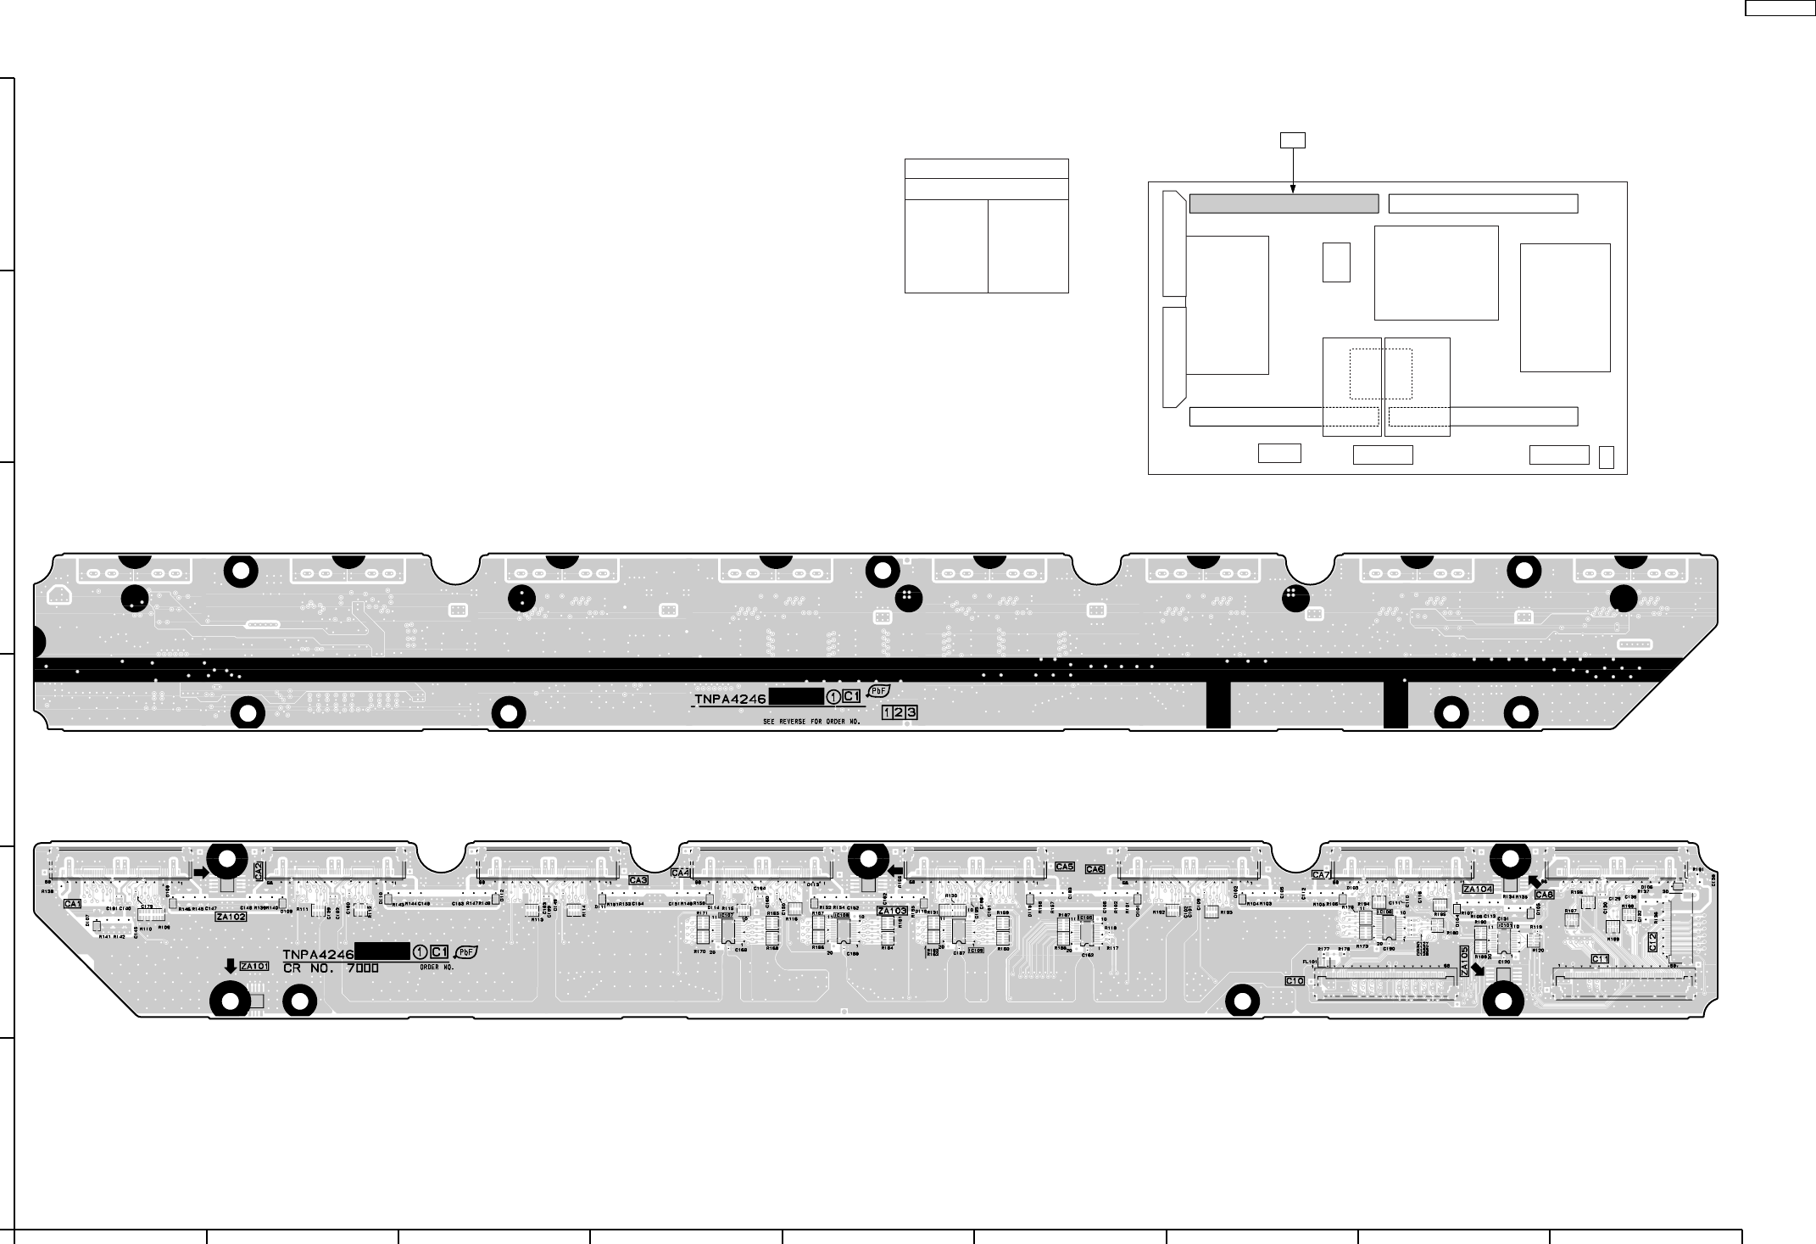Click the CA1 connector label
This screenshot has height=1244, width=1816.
click(x=73, y=904)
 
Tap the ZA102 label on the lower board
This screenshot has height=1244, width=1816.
click(x=231, y=917)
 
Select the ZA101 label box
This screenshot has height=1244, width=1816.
click(x=253, y=966)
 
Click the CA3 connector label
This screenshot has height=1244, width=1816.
click(x=638, y=880)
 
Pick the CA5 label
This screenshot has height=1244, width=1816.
click(x=1065, y=867)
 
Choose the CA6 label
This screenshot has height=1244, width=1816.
click(x=1095, y=869)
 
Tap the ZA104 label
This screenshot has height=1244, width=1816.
click(x=1478, y=889)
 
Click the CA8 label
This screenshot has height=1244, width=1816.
click(x=1544, y=895)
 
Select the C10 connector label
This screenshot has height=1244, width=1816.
click(x=1295, y=980)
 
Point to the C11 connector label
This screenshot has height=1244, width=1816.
click(x=1599, y=959)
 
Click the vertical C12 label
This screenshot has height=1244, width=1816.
click(x=1653, y=941)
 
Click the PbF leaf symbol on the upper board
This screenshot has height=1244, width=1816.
click(x=877, y=692)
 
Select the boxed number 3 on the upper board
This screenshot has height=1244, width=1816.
click(x=911, y=712)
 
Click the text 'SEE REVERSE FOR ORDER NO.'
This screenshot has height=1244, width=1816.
click(x=811, y=722)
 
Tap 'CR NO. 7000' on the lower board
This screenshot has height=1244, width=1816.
click(x=331, y=968)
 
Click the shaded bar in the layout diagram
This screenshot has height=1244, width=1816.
click(x=1284, y=204)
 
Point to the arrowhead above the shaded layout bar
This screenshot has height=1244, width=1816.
click(x=1292, y=189)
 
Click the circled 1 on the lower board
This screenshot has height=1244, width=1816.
click(x=420, y=952)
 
